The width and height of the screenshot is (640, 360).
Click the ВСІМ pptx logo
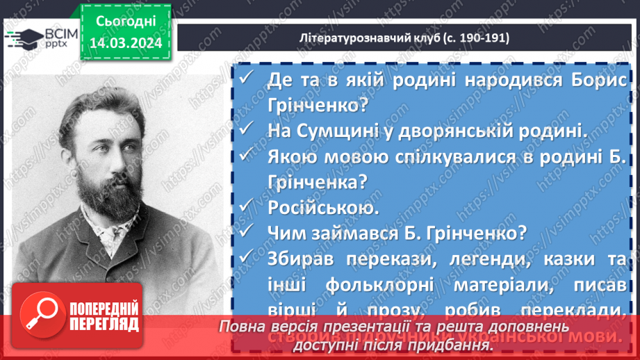[x=39, y=37]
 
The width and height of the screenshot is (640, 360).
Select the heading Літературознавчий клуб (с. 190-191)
[x=406, y=38]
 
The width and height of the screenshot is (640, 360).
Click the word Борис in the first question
[x=597, y=80]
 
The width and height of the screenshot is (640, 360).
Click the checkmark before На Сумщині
[x=246, y=129]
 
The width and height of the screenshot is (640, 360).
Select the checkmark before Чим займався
[x=246, y=232]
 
